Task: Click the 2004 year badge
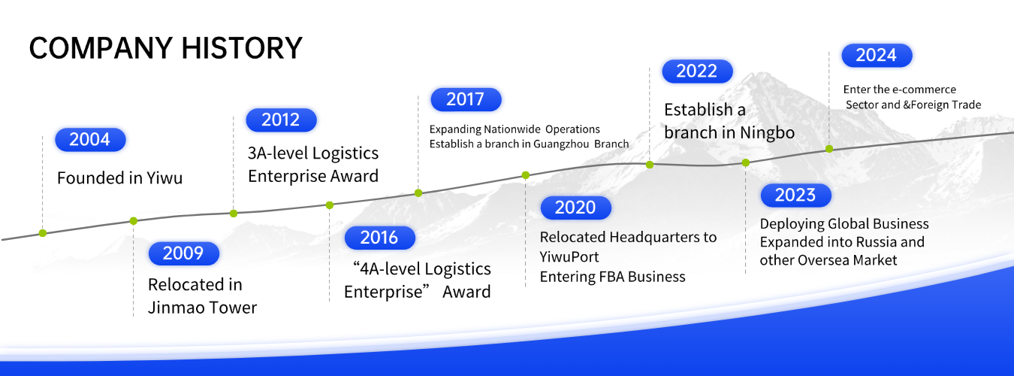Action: pos(90,140)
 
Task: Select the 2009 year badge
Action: pos(184,253)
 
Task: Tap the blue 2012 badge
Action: pos(281,120)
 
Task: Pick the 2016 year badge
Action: pos(380,238)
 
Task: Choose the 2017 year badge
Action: pos(466,100)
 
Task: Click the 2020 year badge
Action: pos(576,208)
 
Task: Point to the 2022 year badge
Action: pos(697,71)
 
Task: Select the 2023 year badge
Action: pos(796,196)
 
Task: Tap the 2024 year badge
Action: pos(877,55)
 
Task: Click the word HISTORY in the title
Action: pos(242,48)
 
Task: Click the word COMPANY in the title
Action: pos(101,48)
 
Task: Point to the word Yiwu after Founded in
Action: pos(164,178)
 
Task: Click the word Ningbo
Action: pos(768,133)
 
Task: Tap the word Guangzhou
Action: pos(561,144)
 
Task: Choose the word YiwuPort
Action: pos(569,257)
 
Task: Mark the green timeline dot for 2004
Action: pos(43,233)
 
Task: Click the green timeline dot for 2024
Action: pos(829,149)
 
